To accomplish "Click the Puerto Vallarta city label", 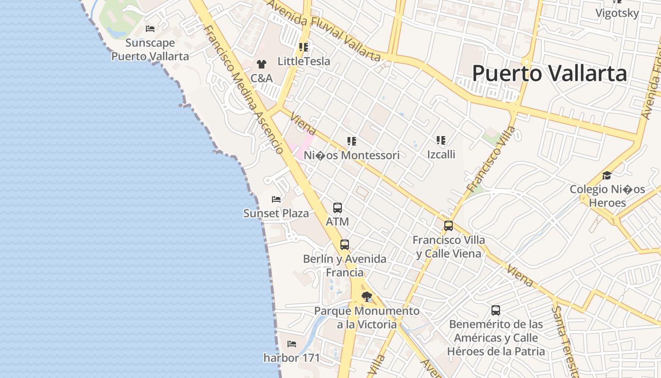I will click(550, 74).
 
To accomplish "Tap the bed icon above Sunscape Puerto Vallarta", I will click(150, 29).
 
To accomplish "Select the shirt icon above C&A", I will click(261, 64).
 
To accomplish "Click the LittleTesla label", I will click(304, 61).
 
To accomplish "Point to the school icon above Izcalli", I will click(441, 140).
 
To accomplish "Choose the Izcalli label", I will click(441, 154).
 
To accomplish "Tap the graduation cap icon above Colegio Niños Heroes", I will click(607, 176).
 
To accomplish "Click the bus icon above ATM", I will click(338, 208).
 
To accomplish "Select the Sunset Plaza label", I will click(276, 214).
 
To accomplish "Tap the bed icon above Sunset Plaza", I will click(276, 199).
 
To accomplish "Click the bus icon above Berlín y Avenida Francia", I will click(345, 245).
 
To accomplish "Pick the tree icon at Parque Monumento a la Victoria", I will click(366, 297).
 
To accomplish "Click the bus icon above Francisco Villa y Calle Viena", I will click(449, 226).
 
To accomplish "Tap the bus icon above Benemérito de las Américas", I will click(496, 310).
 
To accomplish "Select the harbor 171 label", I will click(292, 358).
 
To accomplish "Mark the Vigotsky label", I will click(617, 13).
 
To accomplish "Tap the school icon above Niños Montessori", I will click(351, 141).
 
